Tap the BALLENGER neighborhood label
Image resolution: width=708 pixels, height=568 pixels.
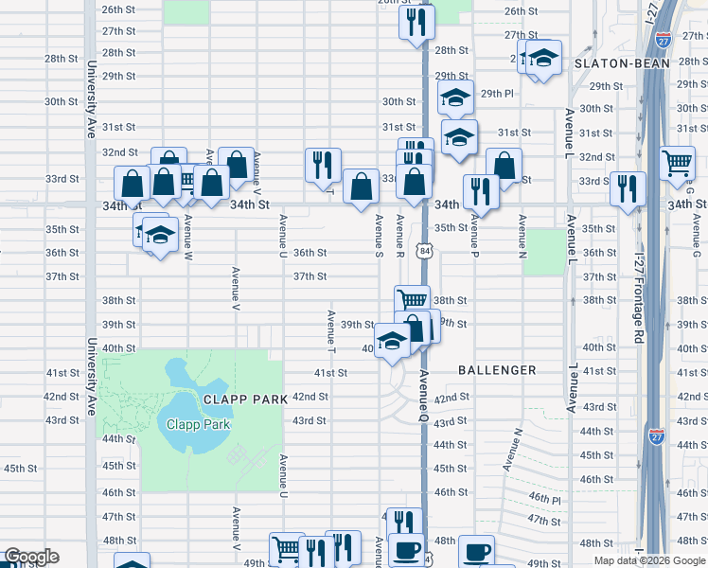[x=497, y=370]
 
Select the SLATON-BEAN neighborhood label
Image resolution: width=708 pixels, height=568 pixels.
[x=621, y=63]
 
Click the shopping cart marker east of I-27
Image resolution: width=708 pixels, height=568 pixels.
[x=678, y=163]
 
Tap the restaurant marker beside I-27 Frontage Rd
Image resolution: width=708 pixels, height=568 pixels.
[x=627, y=188]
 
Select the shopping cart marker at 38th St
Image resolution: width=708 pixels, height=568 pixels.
[x=412, y=300]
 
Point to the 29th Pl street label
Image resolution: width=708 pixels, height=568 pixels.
[x=496, y=94]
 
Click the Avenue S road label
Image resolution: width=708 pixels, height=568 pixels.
[x=378, y=236]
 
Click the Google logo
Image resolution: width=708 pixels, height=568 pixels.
[x=31, y=557]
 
